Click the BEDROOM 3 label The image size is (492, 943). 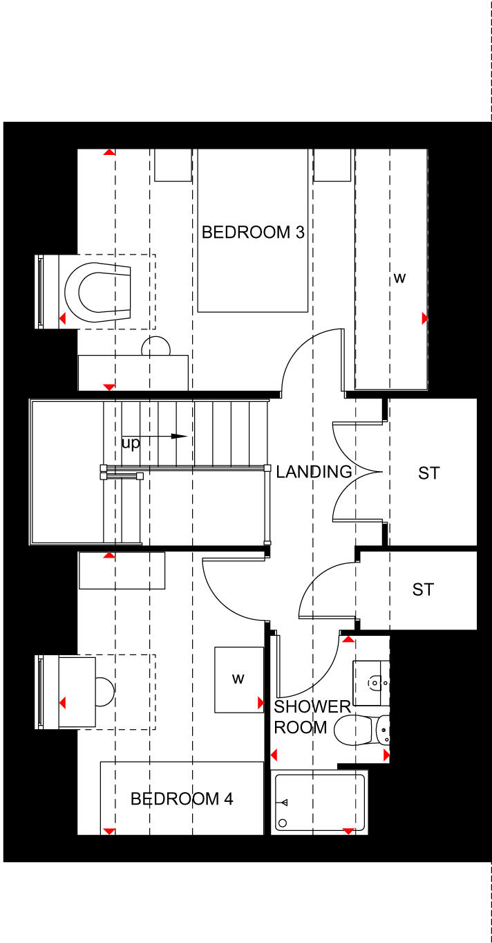(252, 232)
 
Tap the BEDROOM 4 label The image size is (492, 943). (182, 799)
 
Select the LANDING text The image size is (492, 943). (314, 473)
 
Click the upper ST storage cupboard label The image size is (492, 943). (428, 473)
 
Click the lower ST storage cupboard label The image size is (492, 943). (423, 589)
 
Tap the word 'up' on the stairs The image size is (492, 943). (130, 443)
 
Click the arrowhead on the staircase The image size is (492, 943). (179, 437)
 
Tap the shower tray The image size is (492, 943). (319, 803)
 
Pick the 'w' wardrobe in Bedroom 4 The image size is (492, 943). (238, 679)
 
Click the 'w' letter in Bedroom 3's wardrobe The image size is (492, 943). (399, 278)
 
